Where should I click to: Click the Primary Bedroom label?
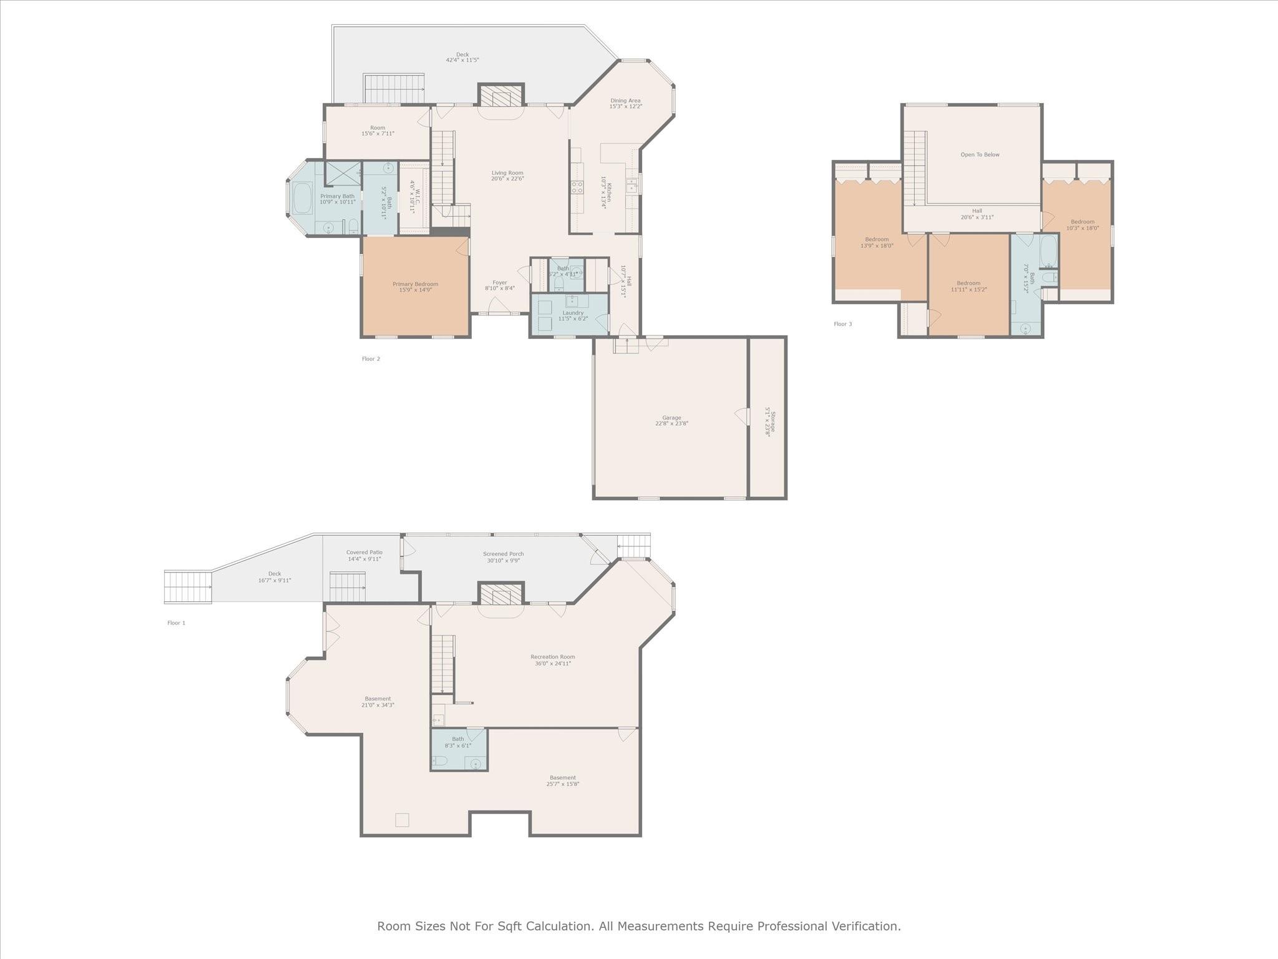pyautogui.click(x=415, y=284)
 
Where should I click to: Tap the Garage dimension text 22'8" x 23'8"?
pyautogui.click(x=671, y=424)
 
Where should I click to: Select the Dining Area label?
pyautogui.click(x=625, y=101)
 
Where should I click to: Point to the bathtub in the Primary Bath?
pyautogui.click(x=303, y=199)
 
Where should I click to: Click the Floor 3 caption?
pyautogui.click(x=842, y=324)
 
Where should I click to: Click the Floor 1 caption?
pyautogui.click(x=176, y=623)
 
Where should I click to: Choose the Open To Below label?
pyautogui.click(x=980, y=155)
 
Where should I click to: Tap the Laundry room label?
pyautogui.click(x=573, y=313)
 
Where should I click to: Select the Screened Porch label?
pyautogui.click(x=503, y=554)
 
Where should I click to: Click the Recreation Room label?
pyautogui.click(x=552, y=657)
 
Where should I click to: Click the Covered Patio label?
pyautogui.click(x=364, y=553)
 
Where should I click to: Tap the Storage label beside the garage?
pyautogui.click(x=773, y=422)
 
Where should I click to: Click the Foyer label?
pyautogui.click(x=500, y=283)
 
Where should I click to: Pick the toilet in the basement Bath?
pyautogui.click(x=441, y=761)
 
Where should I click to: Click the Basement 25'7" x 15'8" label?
pyautogui.click(x=562, y=778)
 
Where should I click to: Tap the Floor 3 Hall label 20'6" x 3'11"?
pyautogui.click(x=977, y=211)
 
